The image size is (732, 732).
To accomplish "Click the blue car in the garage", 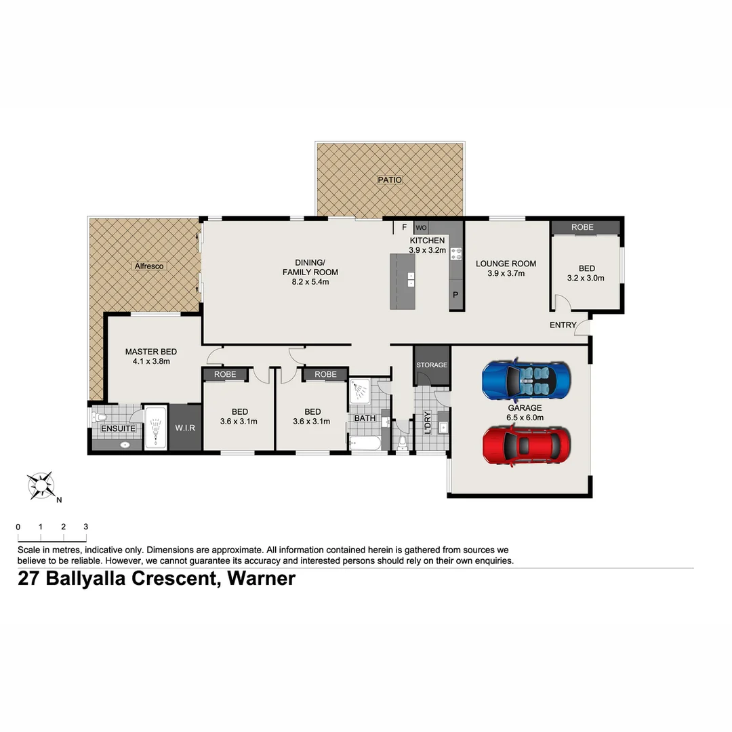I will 527,380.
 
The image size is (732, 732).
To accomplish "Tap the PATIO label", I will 390,180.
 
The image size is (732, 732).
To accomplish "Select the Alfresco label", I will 149,266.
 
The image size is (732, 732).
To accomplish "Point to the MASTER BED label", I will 150,352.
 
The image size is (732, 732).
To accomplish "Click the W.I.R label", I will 185,428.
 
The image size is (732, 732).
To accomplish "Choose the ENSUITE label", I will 118,428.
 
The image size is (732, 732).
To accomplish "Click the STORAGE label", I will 432,365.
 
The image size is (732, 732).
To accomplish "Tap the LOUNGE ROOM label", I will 506,264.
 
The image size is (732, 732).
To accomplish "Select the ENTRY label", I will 563,325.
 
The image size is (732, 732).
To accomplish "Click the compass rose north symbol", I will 41,485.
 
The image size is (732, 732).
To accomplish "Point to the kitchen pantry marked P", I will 455,296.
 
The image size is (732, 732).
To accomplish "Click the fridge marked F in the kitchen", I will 404,227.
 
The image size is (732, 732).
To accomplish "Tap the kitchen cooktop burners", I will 456,254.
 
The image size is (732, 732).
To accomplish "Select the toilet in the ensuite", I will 98,416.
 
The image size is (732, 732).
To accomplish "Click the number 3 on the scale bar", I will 85,527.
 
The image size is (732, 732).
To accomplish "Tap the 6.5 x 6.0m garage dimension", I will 525,418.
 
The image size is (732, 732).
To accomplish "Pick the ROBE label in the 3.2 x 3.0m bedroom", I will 582,227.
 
